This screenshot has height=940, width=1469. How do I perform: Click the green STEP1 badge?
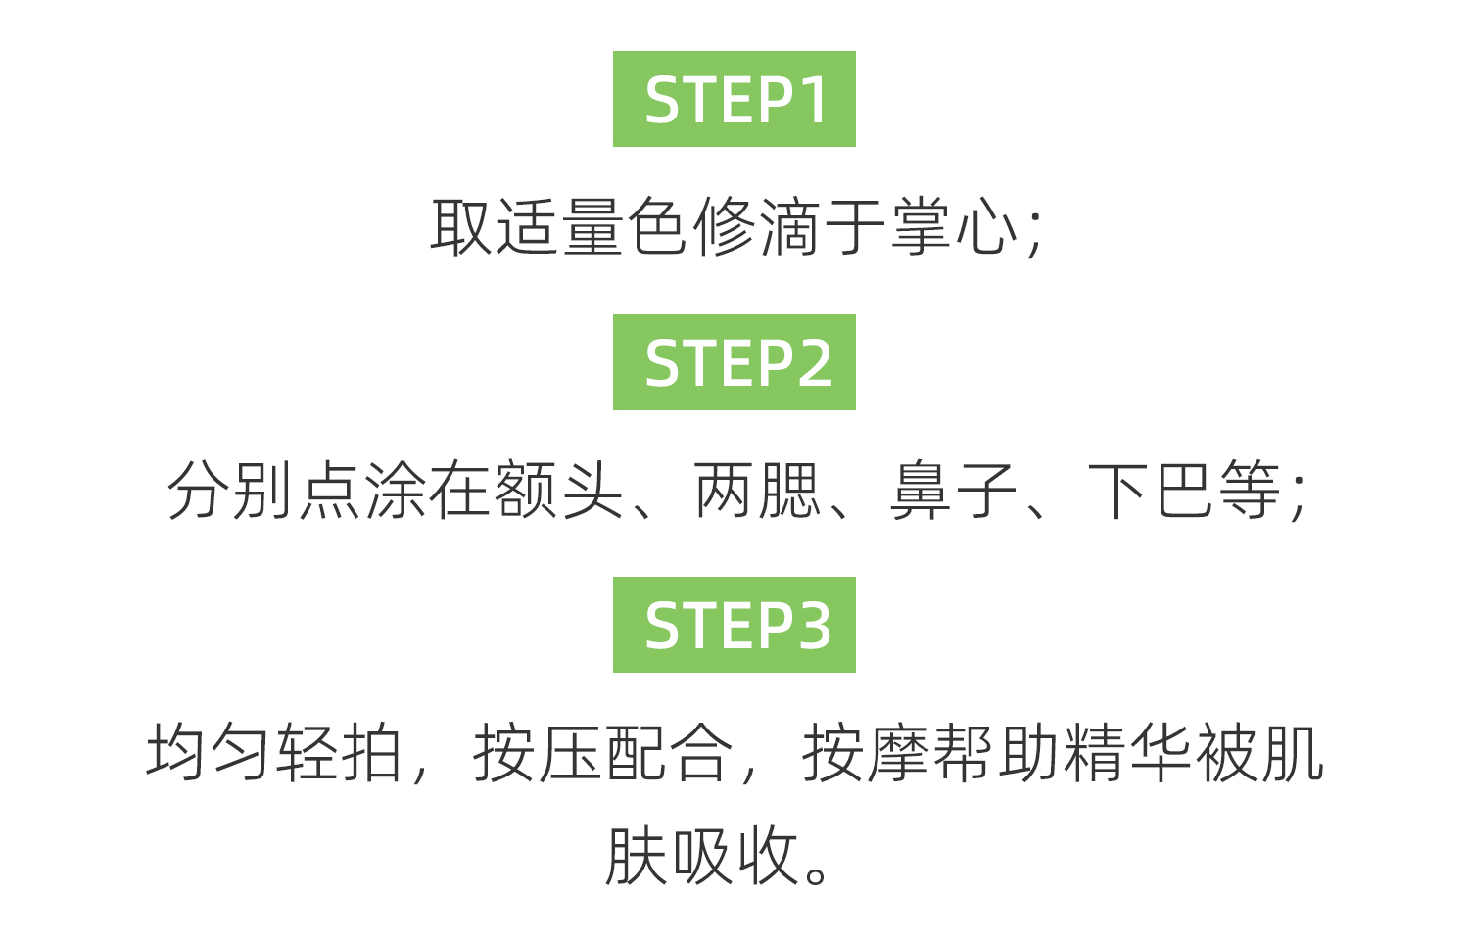(x=734, y=99)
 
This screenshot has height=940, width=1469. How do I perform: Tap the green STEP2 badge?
(x=734, y=362)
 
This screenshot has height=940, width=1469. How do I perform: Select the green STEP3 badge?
(x=734, y=625)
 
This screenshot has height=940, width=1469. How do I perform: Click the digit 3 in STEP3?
(x=812, y=626)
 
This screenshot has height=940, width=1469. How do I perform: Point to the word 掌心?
(x=955, y=227)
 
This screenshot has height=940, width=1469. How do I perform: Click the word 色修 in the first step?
(x=691, y=227)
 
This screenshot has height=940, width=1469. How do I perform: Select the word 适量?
(x=560, y=227)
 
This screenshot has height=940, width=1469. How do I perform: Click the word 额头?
(x=560, y=491)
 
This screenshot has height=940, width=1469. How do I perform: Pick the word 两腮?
(x=757, y=491)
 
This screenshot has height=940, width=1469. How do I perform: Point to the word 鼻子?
(x=953, y=491)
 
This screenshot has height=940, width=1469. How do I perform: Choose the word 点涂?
(x=363, y=491)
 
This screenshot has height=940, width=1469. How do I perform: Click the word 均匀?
(x=209, y=753)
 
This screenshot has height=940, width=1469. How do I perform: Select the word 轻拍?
(x=340, y=753)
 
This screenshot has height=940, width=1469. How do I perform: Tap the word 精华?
(x=1128, y=753)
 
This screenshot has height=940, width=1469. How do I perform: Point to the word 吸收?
(x=734, y=856)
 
